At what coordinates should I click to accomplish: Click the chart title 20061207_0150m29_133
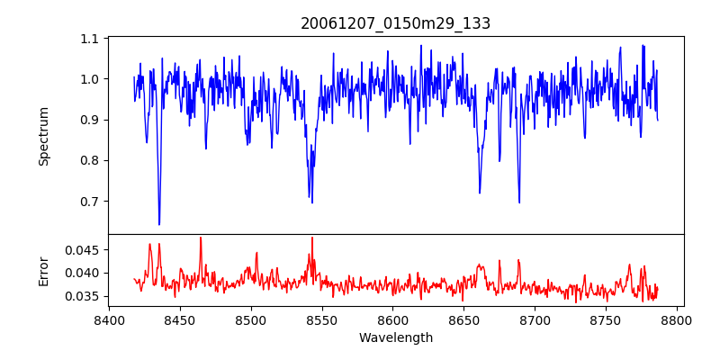395,23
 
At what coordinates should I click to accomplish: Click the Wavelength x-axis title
395,337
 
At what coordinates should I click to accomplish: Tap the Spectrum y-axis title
44,136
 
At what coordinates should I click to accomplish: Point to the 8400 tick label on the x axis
109,319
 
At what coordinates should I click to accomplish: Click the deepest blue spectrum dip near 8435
159,224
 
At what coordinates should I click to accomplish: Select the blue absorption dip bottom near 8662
480,193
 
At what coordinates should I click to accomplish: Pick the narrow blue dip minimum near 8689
518,202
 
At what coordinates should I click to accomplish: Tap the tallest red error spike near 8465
201,238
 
